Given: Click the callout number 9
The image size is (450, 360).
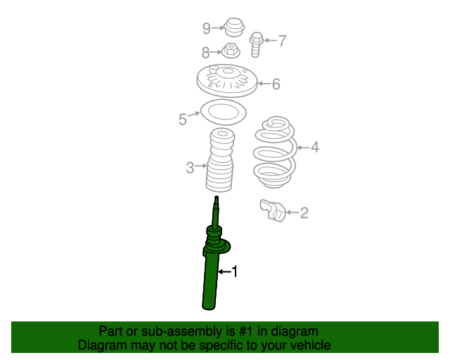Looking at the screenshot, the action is click(x=206, y=28).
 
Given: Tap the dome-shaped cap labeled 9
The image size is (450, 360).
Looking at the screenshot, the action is click(x=234, y=27).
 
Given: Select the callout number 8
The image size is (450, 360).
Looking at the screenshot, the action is click(x=205, y=53).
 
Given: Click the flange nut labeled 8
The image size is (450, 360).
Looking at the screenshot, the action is click(x=231, y=51).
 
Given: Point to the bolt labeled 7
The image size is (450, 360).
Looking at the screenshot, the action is click(x=256, y=45).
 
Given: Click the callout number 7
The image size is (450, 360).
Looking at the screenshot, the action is click(x=282, y=41).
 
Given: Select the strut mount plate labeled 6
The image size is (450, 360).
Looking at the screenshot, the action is click(x=227, y=80).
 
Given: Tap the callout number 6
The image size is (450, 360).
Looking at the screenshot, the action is click(x=276, y=84).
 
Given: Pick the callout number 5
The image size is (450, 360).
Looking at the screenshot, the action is click(x=183, y=119).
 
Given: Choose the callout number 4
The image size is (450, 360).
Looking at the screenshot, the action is click(x=315, y=147).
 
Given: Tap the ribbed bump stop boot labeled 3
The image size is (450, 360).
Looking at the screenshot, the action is click(x=220, y=160).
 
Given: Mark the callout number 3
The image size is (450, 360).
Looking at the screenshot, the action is click(x=190, y=167).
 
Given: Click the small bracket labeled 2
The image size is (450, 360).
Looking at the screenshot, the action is click(x=273, y=210).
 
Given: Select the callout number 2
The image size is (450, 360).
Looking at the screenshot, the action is click(x=304, y=213).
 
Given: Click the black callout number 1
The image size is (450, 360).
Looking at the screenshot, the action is click(x=235, y=271).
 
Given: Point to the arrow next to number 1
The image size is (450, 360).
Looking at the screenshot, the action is click(x=224, y=271).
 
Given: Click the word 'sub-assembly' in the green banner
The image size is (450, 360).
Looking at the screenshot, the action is click(x=181, y=332).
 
